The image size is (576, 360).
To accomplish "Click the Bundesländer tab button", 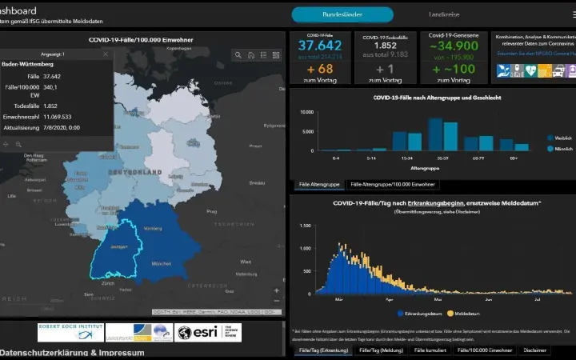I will point(342,14).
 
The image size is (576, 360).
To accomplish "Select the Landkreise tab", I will point(444,14).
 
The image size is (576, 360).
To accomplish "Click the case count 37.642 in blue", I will point(320,46).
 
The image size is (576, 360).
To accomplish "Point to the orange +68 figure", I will point(320,69).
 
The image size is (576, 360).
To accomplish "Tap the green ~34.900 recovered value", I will point(454,46).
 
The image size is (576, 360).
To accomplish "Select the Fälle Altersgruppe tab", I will point(319,184).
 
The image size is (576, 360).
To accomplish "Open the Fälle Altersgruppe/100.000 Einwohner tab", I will point(393,184).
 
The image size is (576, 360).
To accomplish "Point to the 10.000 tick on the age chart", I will point(306,112).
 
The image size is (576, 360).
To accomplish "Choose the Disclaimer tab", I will point(535,350).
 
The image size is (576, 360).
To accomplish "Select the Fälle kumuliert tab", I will point(430,350).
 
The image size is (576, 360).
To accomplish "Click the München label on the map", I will point(162,263).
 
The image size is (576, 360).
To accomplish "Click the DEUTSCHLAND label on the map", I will point(135,172).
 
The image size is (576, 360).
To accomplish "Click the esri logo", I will point(207,333).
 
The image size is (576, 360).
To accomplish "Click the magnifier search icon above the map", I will point(238,55).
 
